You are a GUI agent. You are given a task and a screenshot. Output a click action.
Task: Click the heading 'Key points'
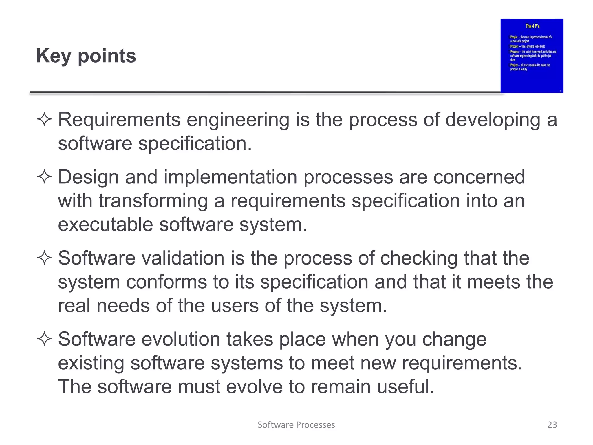point(86,56)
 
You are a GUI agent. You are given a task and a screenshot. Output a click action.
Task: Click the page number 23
point(552,425)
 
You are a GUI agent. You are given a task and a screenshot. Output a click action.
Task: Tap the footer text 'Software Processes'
point(296,425)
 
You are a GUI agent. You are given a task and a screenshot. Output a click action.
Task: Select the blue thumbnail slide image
point(532,56)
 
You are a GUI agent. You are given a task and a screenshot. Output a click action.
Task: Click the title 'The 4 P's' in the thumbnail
point(532,26)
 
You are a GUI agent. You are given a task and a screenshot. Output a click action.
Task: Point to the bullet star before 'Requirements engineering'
point(44,120)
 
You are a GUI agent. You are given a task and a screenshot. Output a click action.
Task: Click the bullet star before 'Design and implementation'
point(44,177)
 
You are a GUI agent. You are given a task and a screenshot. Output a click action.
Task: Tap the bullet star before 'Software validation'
point(44,258)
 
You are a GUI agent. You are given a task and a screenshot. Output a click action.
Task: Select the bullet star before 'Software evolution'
point(44,339)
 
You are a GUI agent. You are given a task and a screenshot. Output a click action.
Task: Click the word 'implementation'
point(230,177)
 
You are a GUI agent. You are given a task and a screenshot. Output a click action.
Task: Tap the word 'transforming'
point(153,201)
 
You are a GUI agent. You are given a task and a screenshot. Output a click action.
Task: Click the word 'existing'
point(91,363)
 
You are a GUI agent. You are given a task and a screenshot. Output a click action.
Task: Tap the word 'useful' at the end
point(402,387)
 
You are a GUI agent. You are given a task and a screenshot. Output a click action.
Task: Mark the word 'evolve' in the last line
point(254,387)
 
